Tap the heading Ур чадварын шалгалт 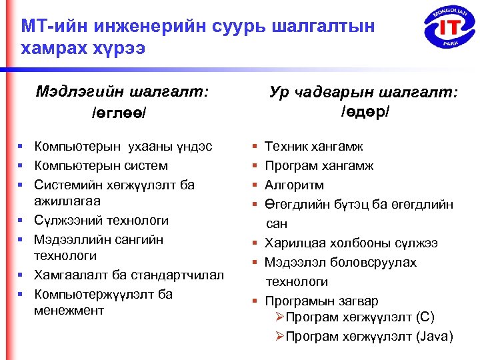coord(364,92)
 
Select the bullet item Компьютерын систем coord(101,165)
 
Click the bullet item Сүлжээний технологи coord(101,220)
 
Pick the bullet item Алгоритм coord(294,185)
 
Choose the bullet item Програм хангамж coord(319,165)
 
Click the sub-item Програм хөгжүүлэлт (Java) coord(369,336)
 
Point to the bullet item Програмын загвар coord(321,301)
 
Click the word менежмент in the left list coord(69,310)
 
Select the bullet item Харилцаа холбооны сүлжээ coord(351,243)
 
